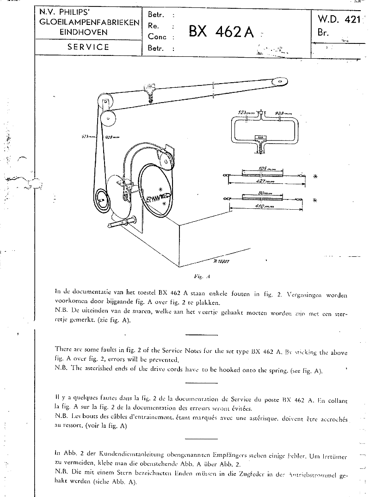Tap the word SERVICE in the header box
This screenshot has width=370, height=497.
[88, 47]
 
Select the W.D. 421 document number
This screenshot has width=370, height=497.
[339, 20]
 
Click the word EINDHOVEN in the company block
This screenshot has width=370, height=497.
[88, 32]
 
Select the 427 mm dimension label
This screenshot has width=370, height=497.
[265, 182]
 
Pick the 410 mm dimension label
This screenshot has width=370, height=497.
[264, 207]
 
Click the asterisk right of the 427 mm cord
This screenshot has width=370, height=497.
[315, 176]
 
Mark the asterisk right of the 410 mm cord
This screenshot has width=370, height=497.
[315, 200]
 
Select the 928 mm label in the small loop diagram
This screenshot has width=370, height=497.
[283, 113]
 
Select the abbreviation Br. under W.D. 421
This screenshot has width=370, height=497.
[323, 33]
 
